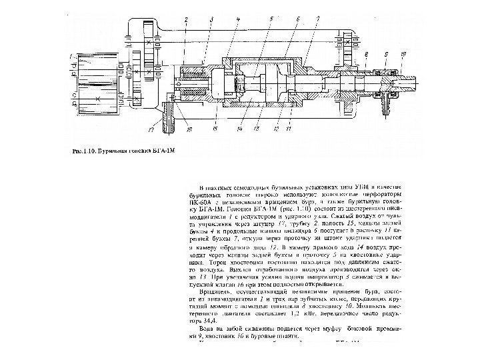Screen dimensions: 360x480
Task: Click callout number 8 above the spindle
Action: pyautogui.click(x=367, y=53)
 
